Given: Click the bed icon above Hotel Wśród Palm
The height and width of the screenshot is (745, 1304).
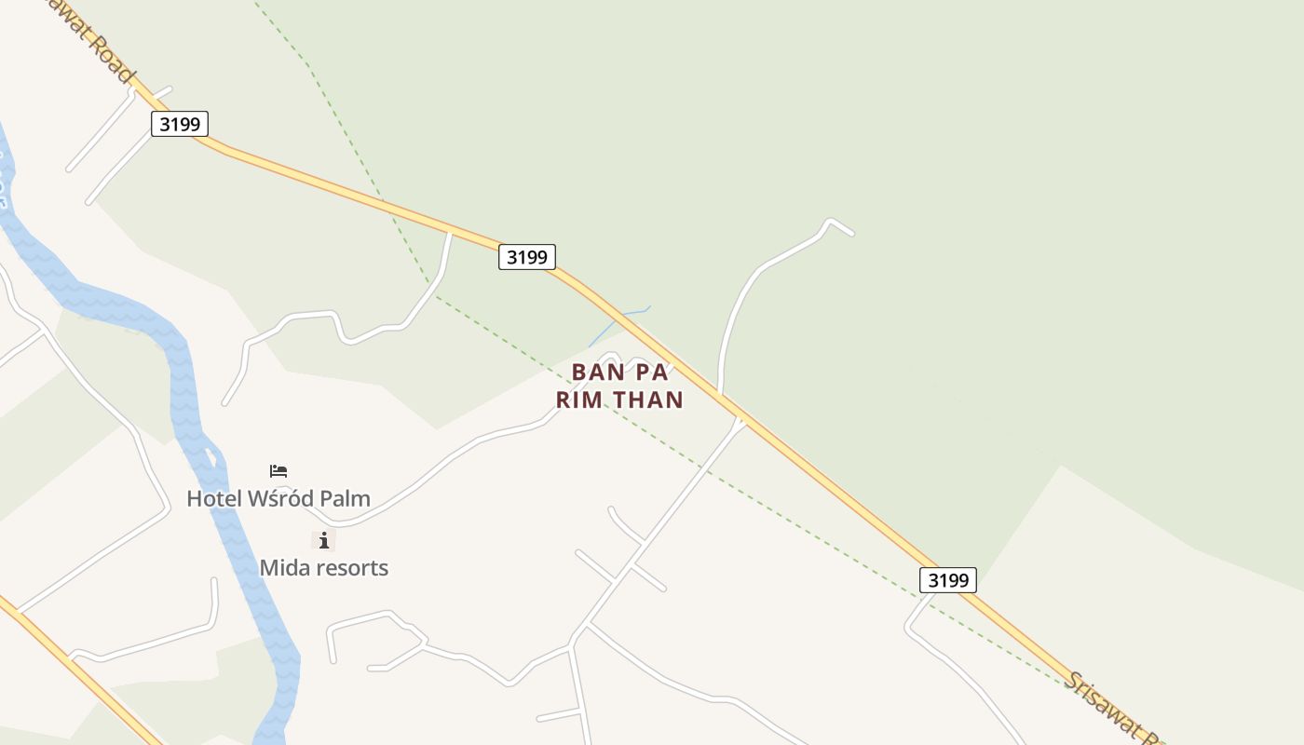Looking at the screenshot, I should pos(278,471).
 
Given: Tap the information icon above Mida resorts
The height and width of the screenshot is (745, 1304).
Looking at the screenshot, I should pos(323,540).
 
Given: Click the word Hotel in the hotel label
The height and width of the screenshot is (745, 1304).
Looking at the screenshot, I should pos(213,499).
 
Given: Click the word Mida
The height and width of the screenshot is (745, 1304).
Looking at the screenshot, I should pos(283,568).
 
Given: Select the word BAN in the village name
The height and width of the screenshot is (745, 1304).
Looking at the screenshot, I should pos(595,372).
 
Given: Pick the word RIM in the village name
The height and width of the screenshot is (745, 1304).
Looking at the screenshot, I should pos(579,400).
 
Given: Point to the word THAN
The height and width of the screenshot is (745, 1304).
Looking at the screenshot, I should pos(646,400).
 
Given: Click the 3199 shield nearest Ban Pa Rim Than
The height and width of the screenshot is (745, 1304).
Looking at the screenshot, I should pos(527,257).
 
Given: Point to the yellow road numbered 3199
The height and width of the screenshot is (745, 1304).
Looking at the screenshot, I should pos(820,474).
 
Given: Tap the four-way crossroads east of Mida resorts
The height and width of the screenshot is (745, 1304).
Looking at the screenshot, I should pos(632,564).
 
